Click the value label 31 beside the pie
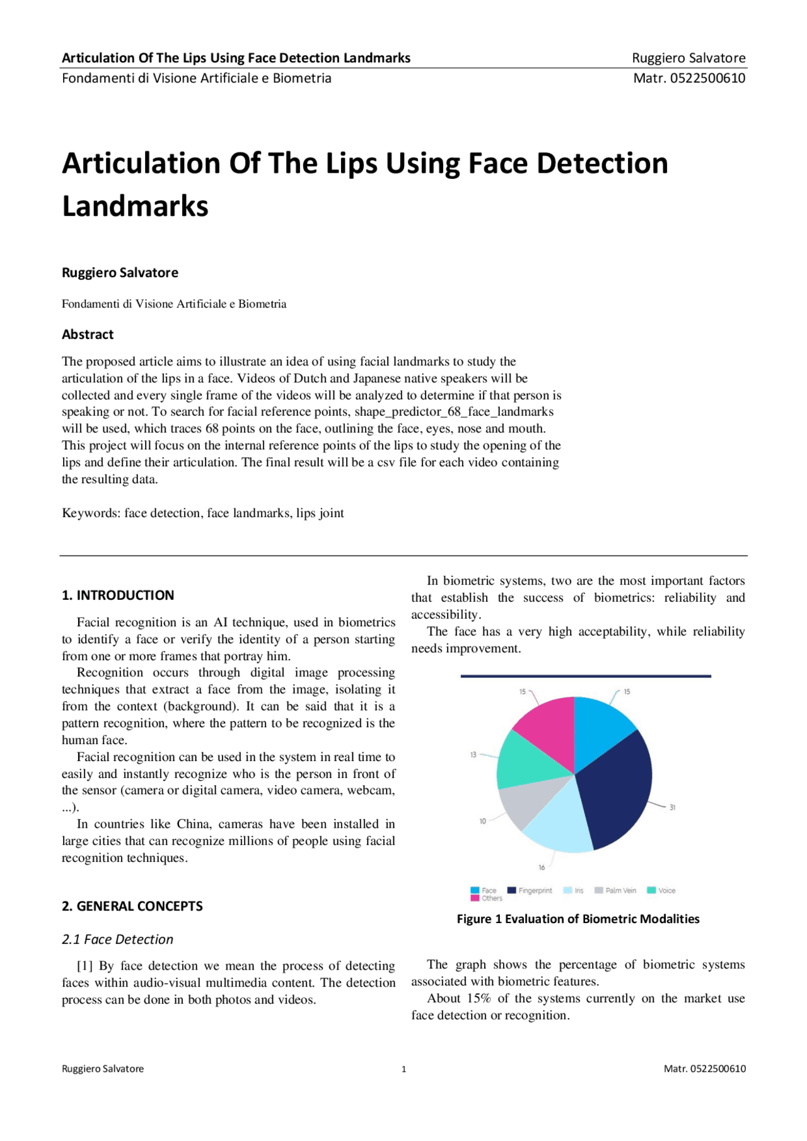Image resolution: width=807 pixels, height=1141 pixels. [672, 807]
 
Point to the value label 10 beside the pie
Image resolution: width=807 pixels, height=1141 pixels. [483, 821]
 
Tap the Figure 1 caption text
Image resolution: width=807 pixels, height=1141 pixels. [578, 919]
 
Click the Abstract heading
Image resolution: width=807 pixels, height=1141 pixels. [88, 335]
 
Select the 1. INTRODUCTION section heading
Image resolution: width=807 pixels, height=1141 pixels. [118, 595]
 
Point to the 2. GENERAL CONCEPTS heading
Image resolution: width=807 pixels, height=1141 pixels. [132, 906]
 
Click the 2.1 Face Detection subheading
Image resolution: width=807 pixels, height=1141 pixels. [117, 939]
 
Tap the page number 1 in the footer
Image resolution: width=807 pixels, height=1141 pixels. [403, 1069]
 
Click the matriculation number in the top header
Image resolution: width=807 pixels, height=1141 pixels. [689, 78]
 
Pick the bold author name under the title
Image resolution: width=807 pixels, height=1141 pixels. [120, 273]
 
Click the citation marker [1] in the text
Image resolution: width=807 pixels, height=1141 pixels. [85, 966]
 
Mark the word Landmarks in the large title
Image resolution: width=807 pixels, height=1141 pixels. [135, 206]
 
